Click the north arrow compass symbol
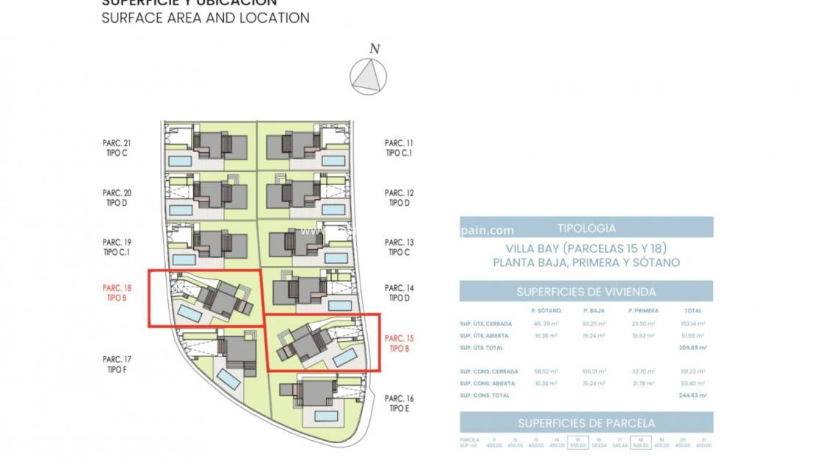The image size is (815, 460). (x=369, y=75)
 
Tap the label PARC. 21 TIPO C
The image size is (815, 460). (x=117, y=148)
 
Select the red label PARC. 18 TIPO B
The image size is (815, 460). (x=117, y=293)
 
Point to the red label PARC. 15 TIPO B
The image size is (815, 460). (x=399, y=343)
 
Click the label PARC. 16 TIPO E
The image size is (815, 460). (x=399, y=403)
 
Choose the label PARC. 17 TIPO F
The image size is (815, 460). (x=117, y=364)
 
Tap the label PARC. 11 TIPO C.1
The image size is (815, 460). (x=399, y=148)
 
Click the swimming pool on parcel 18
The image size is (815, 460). (x=190, y=314)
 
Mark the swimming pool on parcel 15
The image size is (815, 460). (x=344, y=358)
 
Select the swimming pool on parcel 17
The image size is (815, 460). (x=229, y=380)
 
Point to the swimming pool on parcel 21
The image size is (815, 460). (x=180, y=160)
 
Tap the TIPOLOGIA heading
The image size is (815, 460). (x=586, y=229)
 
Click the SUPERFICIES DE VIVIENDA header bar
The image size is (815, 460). (x=586, y=292)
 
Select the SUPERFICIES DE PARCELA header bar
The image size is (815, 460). (x=586, y=423)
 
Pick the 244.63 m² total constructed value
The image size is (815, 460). (x=693, y=395)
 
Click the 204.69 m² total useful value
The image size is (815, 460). (x=693, y=348)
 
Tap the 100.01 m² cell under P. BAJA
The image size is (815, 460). (x=594, y=372)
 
